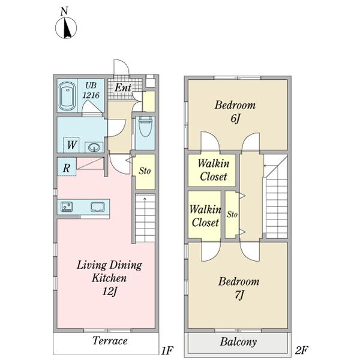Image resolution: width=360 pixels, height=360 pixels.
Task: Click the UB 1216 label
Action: (91, 90)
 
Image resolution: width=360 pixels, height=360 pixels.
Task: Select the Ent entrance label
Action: (123, 88)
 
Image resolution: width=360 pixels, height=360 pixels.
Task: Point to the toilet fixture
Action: (145, 127)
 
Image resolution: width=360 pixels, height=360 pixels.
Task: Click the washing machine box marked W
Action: (71, 145)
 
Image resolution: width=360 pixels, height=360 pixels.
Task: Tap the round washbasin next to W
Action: (94, 147)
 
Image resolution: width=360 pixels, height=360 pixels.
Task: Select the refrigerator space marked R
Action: (67, 167)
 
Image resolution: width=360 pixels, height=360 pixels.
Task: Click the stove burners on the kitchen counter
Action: (67, 206)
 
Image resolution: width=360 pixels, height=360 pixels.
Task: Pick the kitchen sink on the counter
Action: (98, 206)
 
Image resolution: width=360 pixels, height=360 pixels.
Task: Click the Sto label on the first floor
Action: (145, 171)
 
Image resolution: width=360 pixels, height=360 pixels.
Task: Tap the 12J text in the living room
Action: (110, 292)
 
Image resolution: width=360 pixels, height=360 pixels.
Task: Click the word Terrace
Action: (110, 340)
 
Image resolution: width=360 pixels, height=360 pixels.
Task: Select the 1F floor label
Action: (167, 350)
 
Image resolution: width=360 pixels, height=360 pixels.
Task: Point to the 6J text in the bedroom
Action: (235, 119)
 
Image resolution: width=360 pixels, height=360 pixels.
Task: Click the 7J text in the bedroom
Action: (239, 295)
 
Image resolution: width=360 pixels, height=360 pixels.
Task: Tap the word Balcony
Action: (238, 342)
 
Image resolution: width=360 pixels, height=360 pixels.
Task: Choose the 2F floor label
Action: (301, 350)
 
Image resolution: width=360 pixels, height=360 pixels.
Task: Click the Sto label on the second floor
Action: (232, 214)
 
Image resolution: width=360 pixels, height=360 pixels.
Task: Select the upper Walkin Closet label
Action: (214, 170)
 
